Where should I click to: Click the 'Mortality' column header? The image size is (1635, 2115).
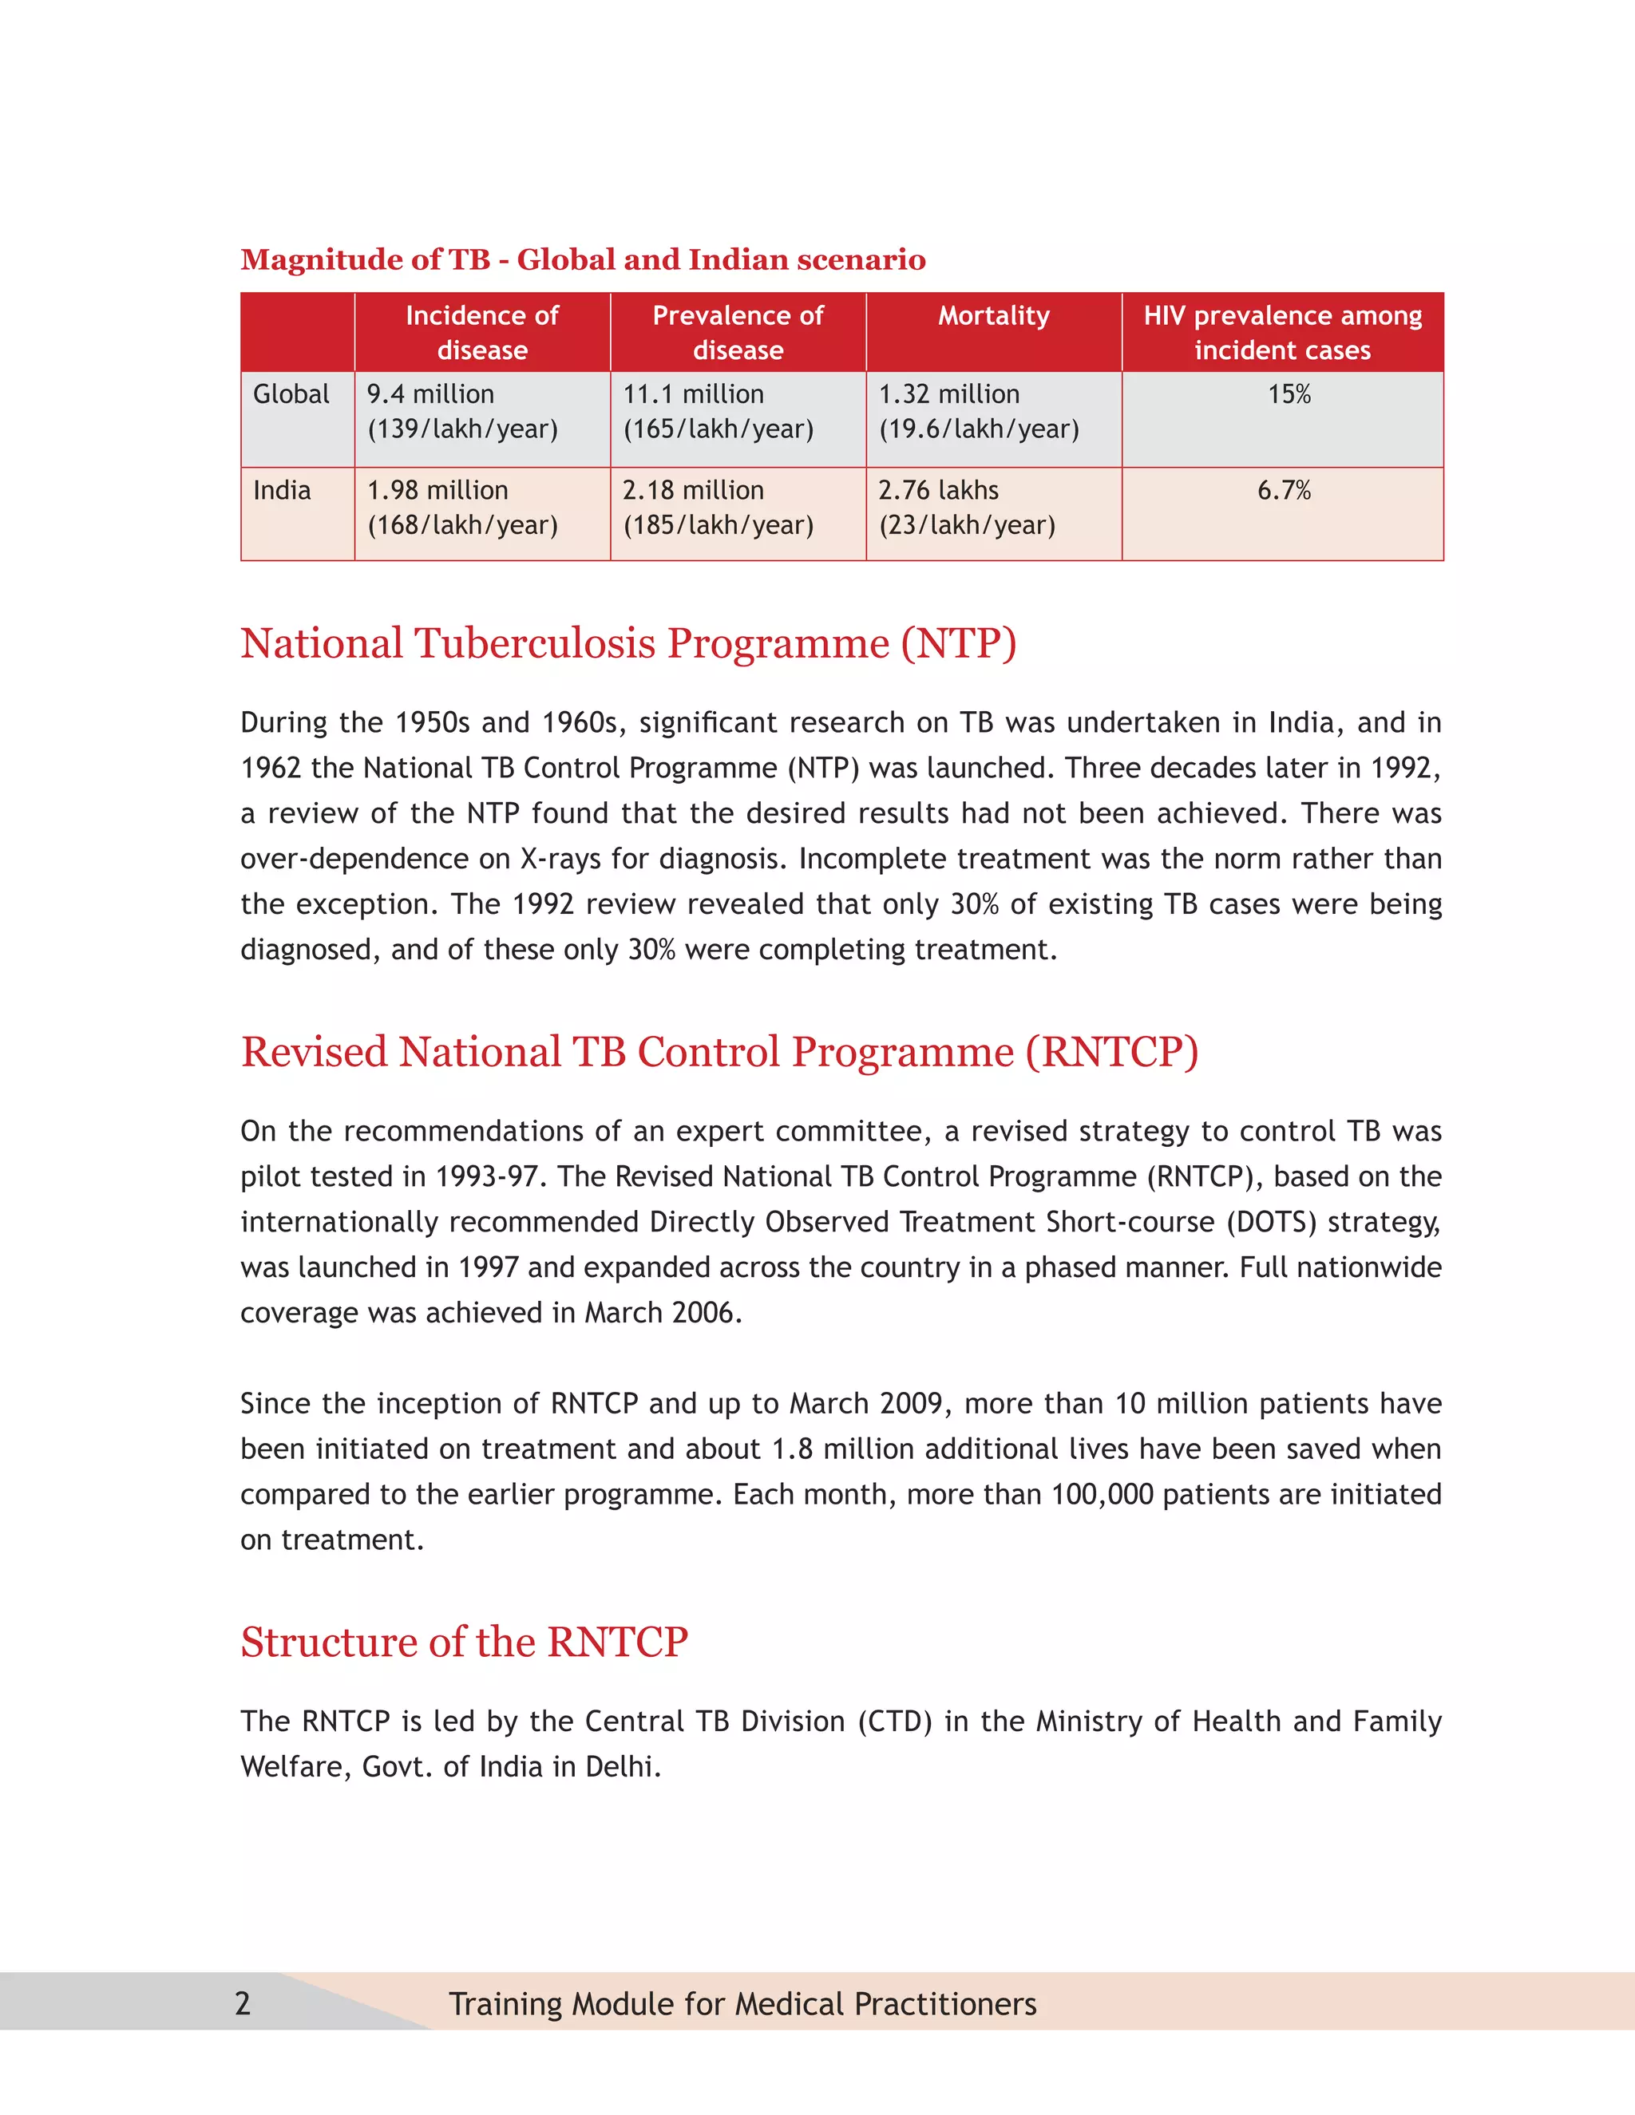coord(993,317)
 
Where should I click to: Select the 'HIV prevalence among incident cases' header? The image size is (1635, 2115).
coord(1281,332)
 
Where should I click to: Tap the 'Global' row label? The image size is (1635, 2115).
coord(291,395)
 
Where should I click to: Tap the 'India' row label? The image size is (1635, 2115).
coord(282,491)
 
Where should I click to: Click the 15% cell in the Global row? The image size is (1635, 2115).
coord(1289,395)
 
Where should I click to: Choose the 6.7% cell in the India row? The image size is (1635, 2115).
coord(1284,491)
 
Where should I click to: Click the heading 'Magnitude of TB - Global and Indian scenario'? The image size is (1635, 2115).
coord(582,259)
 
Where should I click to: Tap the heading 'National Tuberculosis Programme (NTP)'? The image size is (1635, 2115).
coord(627,644)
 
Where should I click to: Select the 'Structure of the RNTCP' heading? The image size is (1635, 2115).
coord(464,1643)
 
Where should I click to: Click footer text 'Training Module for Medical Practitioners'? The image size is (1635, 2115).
coord(742,2003)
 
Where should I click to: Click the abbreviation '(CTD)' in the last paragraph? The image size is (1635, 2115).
coord(894,1722)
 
